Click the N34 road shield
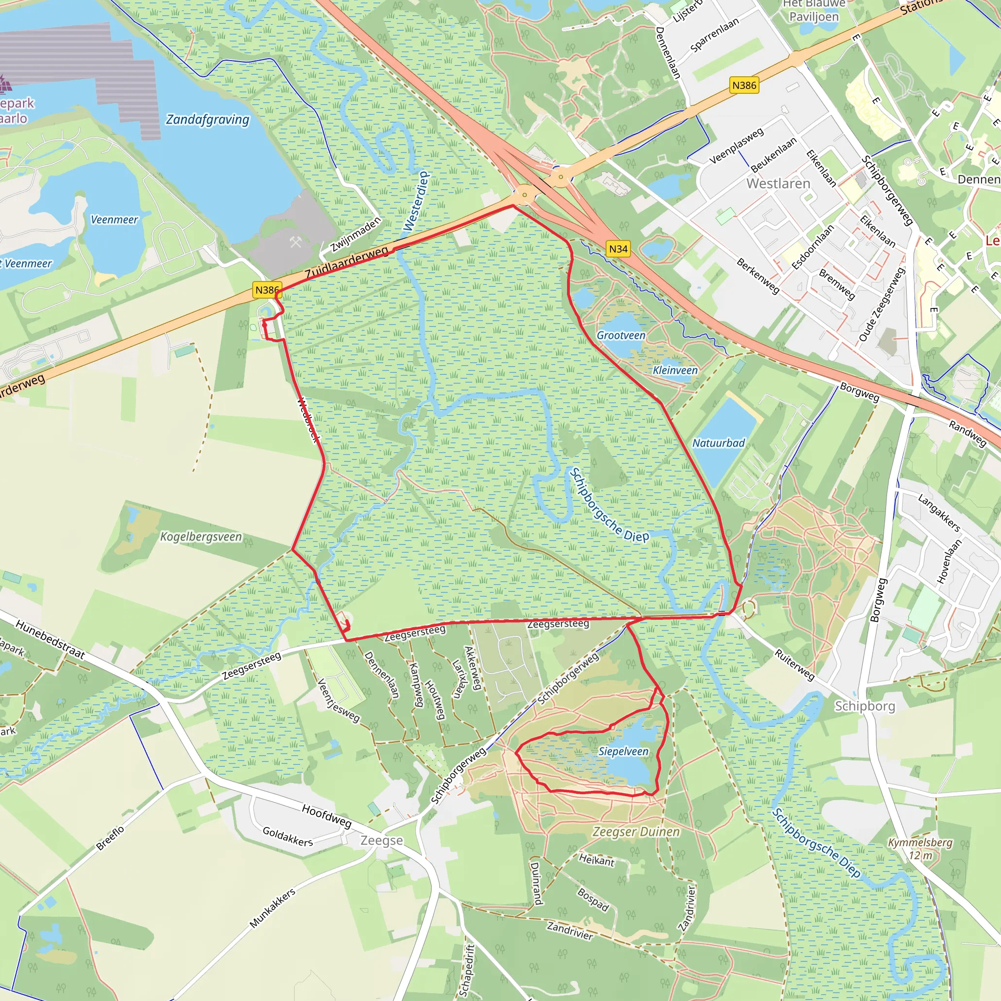618,249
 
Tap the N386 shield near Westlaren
744,85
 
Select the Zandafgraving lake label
207,120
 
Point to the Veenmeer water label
114,219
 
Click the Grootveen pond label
621,335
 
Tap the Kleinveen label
675,370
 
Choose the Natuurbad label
718,443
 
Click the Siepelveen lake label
623,751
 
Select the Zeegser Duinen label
636,831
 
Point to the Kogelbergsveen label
200,536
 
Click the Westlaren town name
778,183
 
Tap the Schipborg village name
865,706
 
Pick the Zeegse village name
381,840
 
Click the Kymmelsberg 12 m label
920,849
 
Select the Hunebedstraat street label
50,639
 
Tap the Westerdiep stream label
416,201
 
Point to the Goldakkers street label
287,836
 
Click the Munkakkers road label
272,908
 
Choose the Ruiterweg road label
794,665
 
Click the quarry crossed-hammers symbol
296,241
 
